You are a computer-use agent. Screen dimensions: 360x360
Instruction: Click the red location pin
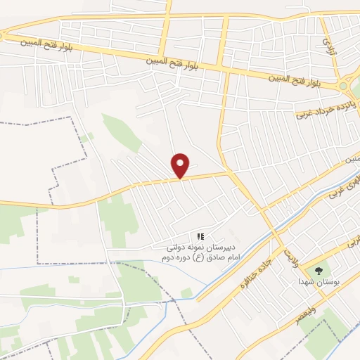coord(181,165)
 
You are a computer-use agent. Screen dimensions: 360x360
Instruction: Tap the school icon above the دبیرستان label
coord(200,237)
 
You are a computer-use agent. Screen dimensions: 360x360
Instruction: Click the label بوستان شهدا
coord(320,282)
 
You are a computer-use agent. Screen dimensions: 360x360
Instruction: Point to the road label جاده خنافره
coord(255,274)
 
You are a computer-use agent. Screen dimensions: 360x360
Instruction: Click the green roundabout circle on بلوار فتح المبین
coord(344,86)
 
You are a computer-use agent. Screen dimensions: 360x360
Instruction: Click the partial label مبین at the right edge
coord(352,160)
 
